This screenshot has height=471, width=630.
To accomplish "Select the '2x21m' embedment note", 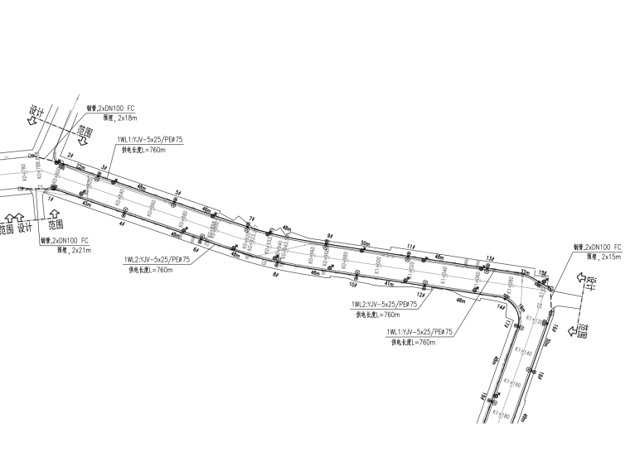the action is [81, 249].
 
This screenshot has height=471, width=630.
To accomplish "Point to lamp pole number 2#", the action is [70, 156].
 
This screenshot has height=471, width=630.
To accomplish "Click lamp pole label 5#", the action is [177, 192].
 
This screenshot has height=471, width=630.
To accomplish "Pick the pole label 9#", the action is [329, 236].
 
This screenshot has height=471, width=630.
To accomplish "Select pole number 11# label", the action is [410, 247].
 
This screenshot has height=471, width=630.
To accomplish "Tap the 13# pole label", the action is [490, 257].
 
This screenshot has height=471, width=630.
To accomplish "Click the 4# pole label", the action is [122, 223].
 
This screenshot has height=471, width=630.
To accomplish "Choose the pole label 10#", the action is [353, 285].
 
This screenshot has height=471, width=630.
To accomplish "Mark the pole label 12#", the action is [420, 294].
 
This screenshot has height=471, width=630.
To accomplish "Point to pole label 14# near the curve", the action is [501, 307].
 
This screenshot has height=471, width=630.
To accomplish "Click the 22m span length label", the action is [81, 166].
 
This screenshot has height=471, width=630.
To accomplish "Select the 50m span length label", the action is [365, 243].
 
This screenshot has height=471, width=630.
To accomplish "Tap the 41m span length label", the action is [390, 283].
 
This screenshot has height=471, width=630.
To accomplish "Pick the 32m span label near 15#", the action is [524, 272].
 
